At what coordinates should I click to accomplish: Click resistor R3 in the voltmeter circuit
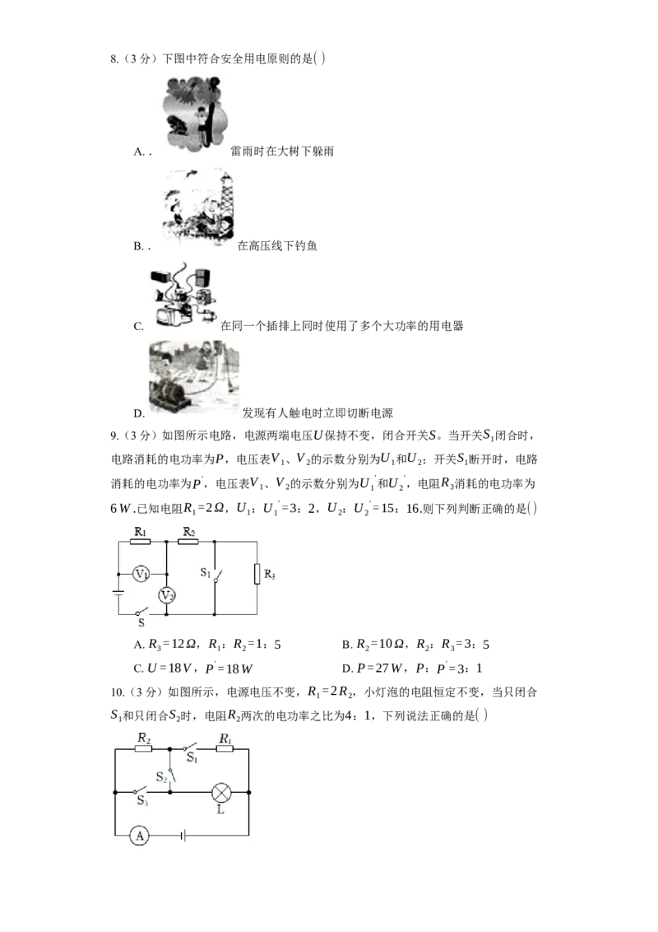[x=257, y=574]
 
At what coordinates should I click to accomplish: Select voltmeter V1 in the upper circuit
[x=141, y=573]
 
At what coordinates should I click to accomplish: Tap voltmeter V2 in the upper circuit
[x=167, y=595]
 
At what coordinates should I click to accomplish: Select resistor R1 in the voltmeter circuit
[x=140, y=543]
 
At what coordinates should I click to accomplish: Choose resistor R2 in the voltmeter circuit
[x=188, y=543]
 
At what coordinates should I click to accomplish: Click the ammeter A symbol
[x=140, y=836]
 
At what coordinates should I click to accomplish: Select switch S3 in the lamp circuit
[x=142, y=792]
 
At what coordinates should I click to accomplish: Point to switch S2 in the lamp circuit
[x=169, y=772]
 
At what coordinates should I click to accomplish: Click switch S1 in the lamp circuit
[x=190, y=749]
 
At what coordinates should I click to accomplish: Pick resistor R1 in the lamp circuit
[x=224, y=749]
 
